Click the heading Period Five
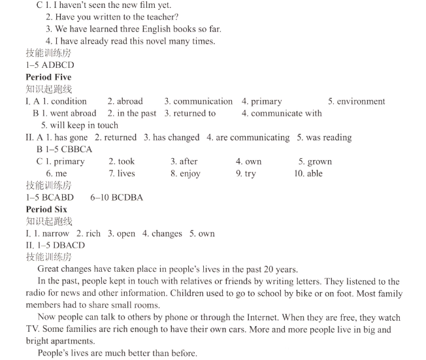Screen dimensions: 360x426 pyautogui.click(x=48, y=77)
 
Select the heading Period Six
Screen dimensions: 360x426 pyautogui.click(x=46, y=209)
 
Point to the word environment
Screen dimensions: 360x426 pyautogui.click(x=361, y=101)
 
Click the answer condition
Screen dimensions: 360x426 pyautogui.click(x=69, y=101)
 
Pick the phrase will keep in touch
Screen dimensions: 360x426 pyautogui.click(x=80, y=125)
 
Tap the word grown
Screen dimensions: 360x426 pyautogui.click(x=319, y=161)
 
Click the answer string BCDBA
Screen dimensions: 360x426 pyautogui.click(x=124, y=197)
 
